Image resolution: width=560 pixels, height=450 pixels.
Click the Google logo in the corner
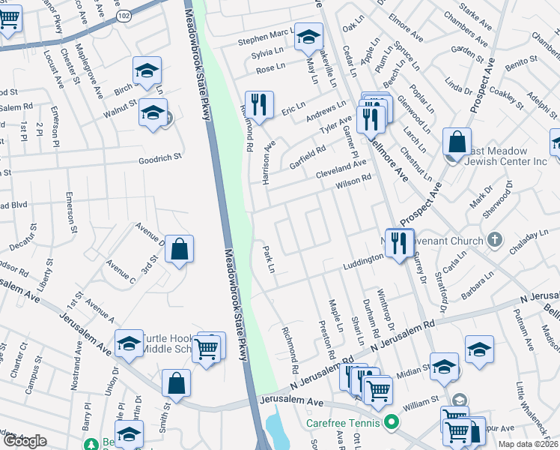(x=25, y=441)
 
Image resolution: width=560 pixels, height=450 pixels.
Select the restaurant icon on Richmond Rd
(x=259, y=106)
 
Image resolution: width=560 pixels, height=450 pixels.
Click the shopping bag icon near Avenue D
(x=179, y=250)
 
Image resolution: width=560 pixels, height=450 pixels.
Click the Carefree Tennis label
(x=343, y=422)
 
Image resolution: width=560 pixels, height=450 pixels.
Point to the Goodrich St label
(x=160, y=158)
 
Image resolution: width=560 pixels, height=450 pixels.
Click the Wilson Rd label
(x=353, y=181)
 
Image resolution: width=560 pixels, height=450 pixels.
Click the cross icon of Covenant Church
(x=493, y=240)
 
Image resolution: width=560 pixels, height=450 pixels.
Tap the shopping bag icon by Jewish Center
(x=456, y=142)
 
